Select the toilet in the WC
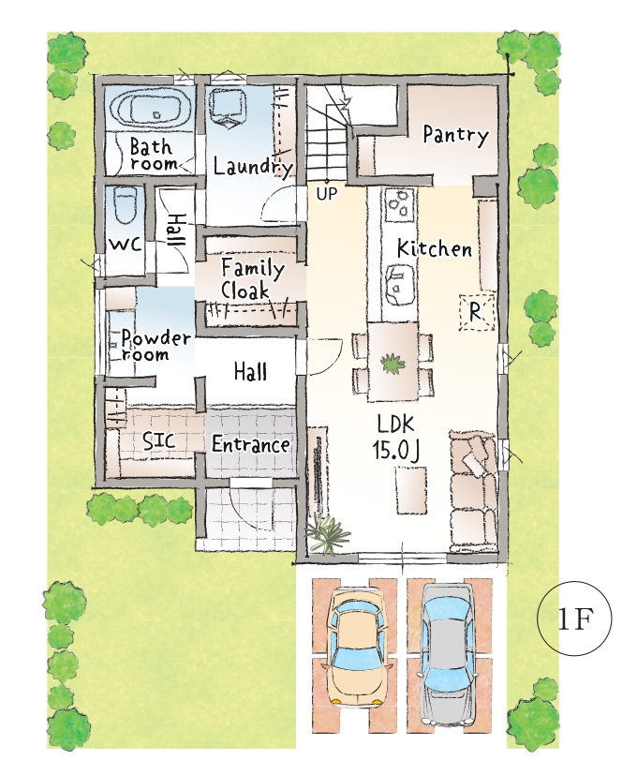124,209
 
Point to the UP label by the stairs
326,194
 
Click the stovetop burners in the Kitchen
398,204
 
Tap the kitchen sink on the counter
398,286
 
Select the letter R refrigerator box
477,312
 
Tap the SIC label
158,440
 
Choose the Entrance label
250,444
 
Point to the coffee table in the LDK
410,491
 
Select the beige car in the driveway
357,648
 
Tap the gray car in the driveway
446,654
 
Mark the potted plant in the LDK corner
327,535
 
